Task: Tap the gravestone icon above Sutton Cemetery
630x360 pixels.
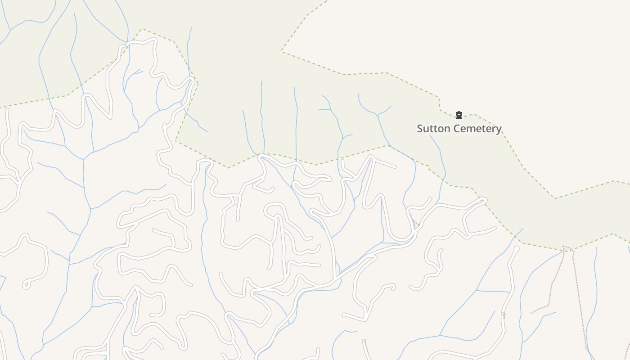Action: click(459, 115)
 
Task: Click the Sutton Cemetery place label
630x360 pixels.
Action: click(459, 129)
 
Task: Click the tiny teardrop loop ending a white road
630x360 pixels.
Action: click(26, 284)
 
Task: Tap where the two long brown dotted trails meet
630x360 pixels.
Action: click(564, 247)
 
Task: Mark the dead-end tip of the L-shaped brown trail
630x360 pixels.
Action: click(531, 313)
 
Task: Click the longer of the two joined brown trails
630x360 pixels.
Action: click(580, 306)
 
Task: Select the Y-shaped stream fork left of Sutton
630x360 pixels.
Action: click(377, 114)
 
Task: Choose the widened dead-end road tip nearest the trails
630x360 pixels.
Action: click(516, 249)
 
